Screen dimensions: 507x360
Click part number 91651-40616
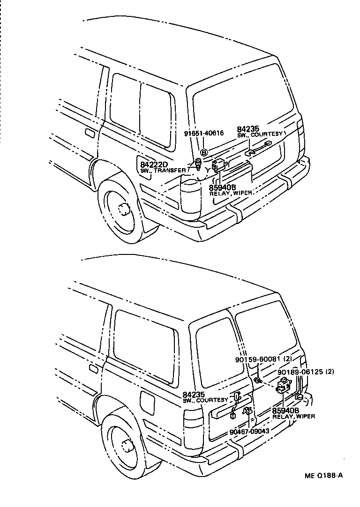203,133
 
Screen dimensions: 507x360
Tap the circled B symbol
204,153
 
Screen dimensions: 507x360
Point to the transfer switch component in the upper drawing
198,164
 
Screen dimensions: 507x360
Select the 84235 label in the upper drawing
247,129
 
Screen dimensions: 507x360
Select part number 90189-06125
299,372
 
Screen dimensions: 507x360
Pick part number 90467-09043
249,431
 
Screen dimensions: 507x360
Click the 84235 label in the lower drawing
193,395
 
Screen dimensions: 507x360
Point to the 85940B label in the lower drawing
284,410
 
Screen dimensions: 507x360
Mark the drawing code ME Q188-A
323,475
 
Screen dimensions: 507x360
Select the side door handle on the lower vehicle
93,369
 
